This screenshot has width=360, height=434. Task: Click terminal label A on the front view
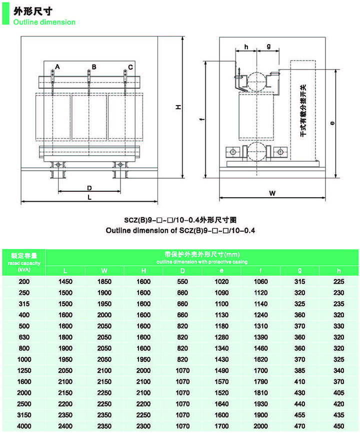coord(57,67)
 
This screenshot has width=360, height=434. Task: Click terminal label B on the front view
coord(93,67)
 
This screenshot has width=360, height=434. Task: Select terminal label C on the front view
coord(130,67)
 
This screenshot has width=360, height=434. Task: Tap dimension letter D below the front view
coord(89,188)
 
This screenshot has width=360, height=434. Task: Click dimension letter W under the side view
coord(272,193)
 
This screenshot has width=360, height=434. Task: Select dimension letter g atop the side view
coord(268,46)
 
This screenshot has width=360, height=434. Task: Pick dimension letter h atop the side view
coord(246,47)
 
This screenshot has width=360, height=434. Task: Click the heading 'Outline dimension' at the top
coord(44,22)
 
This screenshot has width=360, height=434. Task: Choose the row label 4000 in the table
coord(24,426)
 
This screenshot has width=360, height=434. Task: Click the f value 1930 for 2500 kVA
coord(260,403)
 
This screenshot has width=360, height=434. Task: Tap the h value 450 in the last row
coord(339,426)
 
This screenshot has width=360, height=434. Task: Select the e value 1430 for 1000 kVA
coord(221,359)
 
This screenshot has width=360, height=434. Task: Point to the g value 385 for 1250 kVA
coord(300,370)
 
